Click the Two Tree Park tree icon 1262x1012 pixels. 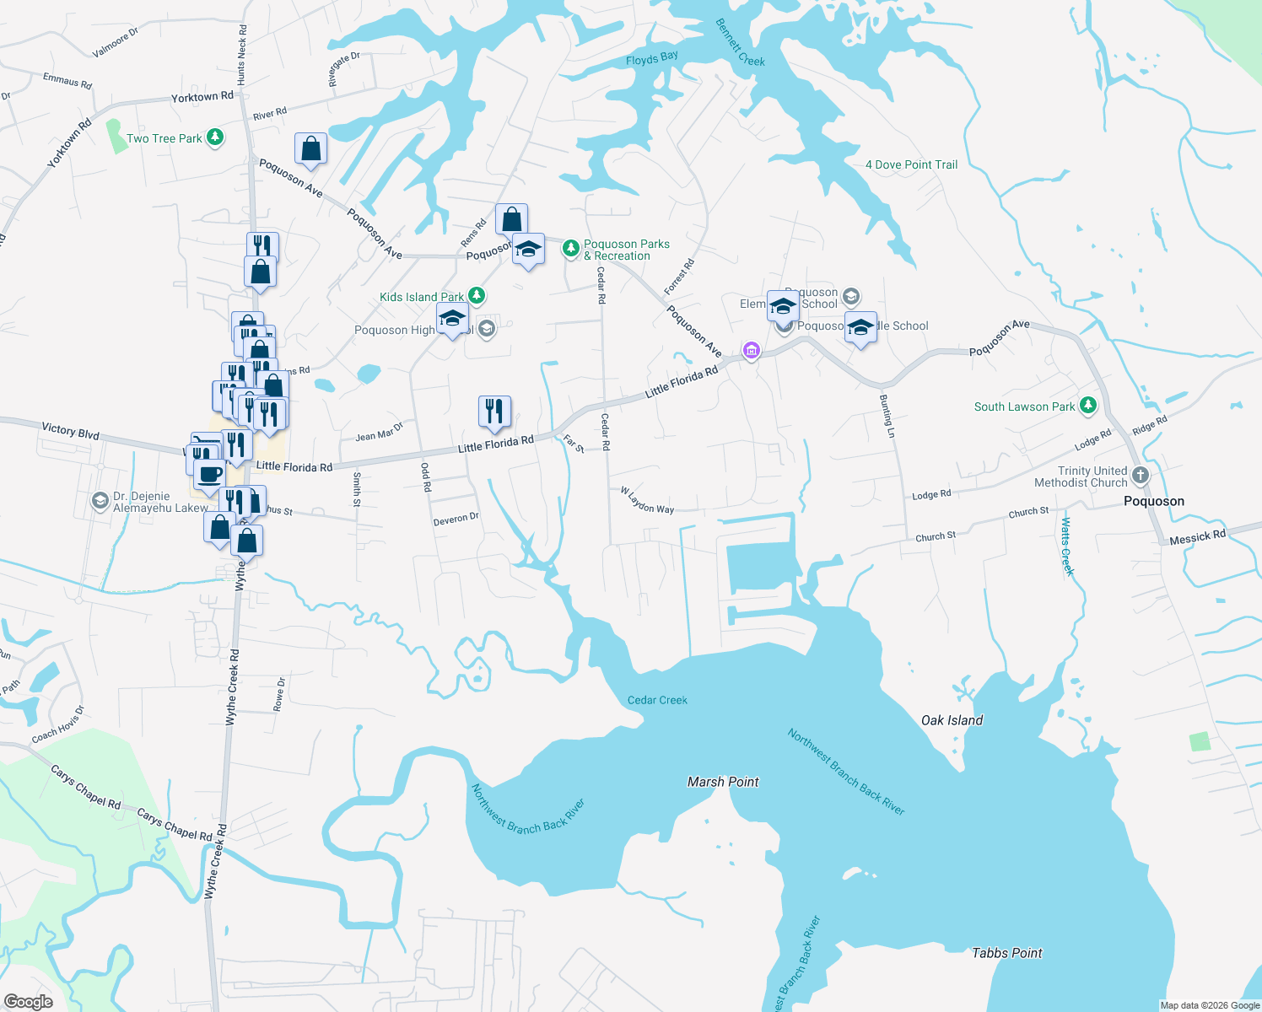215,137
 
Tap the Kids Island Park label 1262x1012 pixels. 421,297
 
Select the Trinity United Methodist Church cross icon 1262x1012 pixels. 1141,475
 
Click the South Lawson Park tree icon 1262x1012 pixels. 1088,406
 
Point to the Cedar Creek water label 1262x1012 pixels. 657,700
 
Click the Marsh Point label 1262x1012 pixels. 723,782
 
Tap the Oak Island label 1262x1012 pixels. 952,720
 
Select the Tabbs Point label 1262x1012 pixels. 1007,953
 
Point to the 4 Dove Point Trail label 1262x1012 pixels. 911,164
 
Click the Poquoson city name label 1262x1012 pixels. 1153,501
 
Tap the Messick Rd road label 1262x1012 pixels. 1197,537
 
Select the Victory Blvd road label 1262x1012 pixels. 71,431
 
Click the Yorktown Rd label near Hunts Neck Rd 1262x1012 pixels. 202,97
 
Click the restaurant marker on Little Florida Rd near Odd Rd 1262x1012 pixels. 494,411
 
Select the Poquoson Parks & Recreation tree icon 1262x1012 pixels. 571,248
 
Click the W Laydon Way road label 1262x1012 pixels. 647,500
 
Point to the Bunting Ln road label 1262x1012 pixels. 887,416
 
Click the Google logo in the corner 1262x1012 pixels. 28,1002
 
